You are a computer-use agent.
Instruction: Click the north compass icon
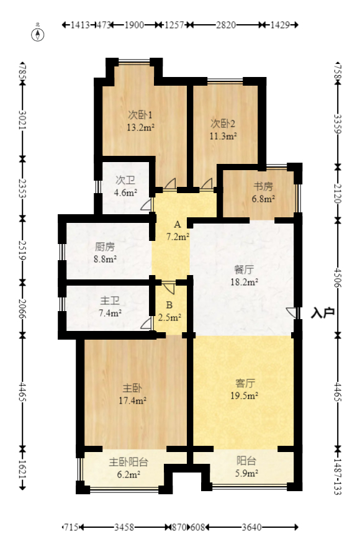[x=38, y=34]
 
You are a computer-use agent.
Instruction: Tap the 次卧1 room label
[x=140, y=115]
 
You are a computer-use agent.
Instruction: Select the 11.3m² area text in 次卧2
[x=223, y=136]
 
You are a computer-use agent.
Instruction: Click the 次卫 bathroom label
[x=125, y=180]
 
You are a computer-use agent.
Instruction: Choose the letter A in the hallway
[x=177, y=224]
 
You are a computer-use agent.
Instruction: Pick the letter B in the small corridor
[x=169, y=305]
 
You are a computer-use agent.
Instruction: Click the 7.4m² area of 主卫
[x=110, y=313]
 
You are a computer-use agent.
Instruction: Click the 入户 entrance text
[x=323, y=313]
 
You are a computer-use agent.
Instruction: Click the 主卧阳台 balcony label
[x=129, y=462]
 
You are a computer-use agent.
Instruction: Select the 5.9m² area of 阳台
[x=246, y=474]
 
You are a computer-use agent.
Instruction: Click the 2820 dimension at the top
[x=225, y=25]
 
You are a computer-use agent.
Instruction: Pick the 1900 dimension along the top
[x=134, y=25]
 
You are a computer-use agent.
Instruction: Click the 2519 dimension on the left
[x=22, y=247]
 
